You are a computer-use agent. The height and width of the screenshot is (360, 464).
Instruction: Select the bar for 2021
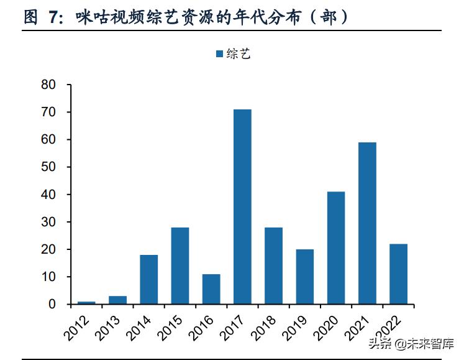pos(367,223)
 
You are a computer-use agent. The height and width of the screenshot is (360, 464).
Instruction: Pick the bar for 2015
pos(180,265)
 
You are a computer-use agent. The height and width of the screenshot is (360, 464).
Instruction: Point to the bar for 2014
pos(149,279)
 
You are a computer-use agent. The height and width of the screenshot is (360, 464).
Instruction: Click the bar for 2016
pos(211,289)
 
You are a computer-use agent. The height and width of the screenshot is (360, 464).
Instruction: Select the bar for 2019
pos(305,277)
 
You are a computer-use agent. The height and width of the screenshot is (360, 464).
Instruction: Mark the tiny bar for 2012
pos(87,303)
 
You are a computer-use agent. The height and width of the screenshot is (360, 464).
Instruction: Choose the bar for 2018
pos(273,265)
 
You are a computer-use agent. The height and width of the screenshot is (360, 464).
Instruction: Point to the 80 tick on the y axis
pos(48,85)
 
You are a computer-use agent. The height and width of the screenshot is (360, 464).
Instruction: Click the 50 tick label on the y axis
pos(48,167)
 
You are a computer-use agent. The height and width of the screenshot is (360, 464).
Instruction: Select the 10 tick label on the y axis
pos(48,277)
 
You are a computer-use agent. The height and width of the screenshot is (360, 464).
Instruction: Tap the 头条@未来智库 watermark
pos(411,343)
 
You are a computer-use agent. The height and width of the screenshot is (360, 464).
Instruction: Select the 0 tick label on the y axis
pos(52,304)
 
